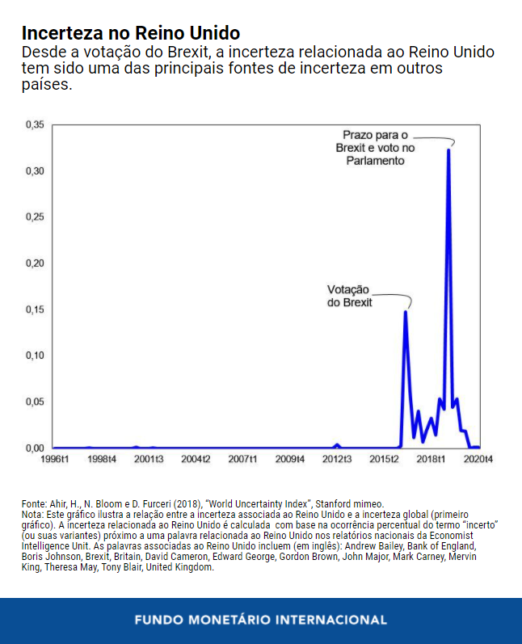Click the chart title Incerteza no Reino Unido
(130, 33)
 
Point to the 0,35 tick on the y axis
(36, 125)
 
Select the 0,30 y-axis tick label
(36, 171)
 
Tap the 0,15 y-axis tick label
(36, 309)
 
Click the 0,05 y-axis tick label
(36, 402)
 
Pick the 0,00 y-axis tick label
(36, 448)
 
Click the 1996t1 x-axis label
(54, 460)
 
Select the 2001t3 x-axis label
(149, 460)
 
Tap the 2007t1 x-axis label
(242, 460)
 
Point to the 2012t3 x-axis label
(337, 460)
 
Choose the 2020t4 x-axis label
(478, 460)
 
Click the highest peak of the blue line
(448, 150)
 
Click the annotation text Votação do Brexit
(349, 296)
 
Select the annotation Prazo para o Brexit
(375, 148)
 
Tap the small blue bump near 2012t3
(338, 444)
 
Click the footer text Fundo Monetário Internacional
(261, 621)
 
